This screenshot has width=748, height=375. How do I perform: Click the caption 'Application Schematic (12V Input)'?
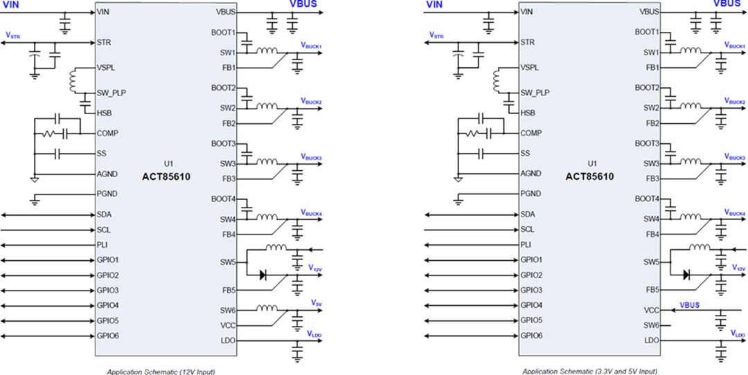coord(156,371)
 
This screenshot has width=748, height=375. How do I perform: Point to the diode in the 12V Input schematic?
coord(263,275)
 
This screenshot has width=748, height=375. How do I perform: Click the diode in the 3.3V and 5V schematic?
coord(686,275)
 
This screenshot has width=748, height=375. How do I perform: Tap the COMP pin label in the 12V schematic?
coord(108,133)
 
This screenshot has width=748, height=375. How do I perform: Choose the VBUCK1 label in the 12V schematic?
coord(312,45)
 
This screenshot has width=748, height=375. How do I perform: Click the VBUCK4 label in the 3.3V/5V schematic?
coord(735,213)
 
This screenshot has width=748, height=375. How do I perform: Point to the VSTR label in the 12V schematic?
coord(12,35)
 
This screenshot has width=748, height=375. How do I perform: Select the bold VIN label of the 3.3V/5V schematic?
coord(434,6)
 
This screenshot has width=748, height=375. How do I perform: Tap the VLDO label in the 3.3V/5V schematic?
coord(737,333)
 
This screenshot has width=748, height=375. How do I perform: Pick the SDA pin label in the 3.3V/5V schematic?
coord(528,214)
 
